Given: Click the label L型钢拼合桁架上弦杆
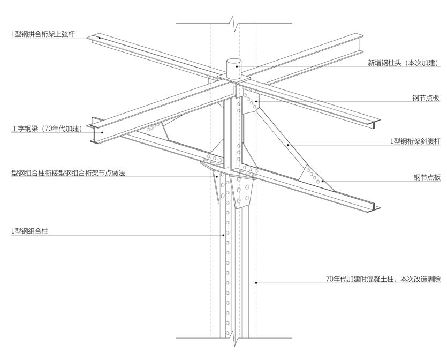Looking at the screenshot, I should click(43, 34).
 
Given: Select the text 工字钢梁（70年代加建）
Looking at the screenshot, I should click(47, 129).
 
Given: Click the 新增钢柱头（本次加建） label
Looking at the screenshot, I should click(404, 63).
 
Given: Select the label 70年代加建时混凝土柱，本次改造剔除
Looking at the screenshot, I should click(383, 279).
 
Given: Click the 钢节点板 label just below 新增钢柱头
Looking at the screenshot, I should click(426, 98).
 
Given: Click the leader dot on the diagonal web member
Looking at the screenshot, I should click(288, 145).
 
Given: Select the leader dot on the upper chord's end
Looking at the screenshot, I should click(99, 37).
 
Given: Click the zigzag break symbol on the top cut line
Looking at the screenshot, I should click(234, 24).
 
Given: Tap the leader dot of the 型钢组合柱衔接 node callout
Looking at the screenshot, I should click(216, 175).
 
